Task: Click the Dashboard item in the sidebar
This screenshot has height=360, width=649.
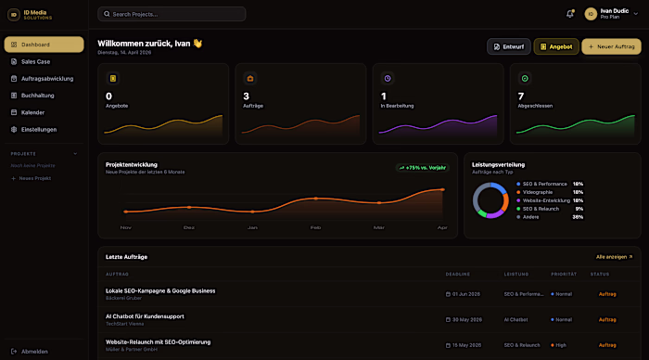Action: coord(44,45)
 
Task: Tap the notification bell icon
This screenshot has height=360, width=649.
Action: coord(570,14)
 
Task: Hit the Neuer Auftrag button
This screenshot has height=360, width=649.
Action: coord(611,46)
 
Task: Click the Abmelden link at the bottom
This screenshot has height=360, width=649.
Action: coord(34,351)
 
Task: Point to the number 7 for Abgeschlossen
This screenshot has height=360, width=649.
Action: coord(521,96)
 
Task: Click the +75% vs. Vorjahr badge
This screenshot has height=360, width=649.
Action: coord(423,168)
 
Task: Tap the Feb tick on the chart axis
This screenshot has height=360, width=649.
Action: coord(315,227)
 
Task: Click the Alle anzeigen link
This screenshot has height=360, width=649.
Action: coord(614,256)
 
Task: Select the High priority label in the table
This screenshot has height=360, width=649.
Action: coord(560,344)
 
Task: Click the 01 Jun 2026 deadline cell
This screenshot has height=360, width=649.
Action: coord(464,293)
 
